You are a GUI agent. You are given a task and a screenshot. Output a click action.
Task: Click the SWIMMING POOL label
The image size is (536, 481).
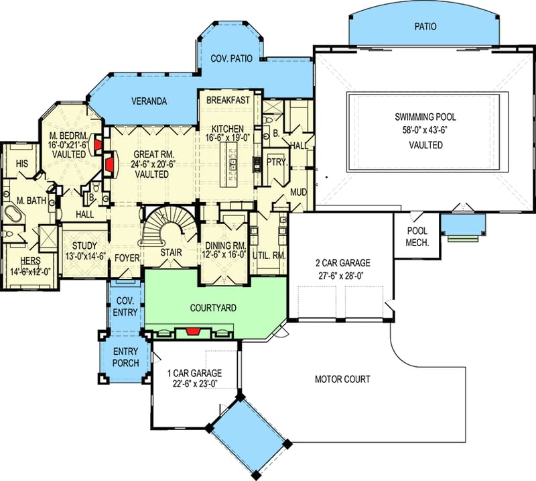coord(425,117)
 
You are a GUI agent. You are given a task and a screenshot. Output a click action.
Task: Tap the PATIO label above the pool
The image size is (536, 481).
coord(425,28)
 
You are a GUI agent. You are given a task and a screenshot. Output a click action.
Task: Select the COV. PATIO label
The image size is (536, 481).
coord(231,58)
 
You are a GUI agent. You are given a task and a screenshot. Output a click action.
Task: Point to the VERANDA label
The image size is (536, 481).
coord(148,101)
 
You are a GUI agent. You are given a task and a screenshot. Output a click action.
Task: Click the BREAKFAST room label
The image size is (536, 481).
coord(228,100)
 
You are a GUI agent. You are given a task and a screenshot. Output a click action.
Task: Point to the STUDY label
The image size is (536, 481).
coord(84,246)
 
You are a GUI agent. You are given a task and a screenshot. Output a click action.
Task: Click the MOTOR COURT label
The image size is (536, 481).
coord(342,379)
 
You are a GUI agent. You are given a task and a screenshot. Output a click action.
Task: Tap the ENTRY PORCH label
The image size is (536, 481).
coord(125,357)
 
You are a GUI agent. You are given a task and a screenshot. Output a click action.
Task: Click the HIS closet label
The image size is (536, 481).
coord(21,163)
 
